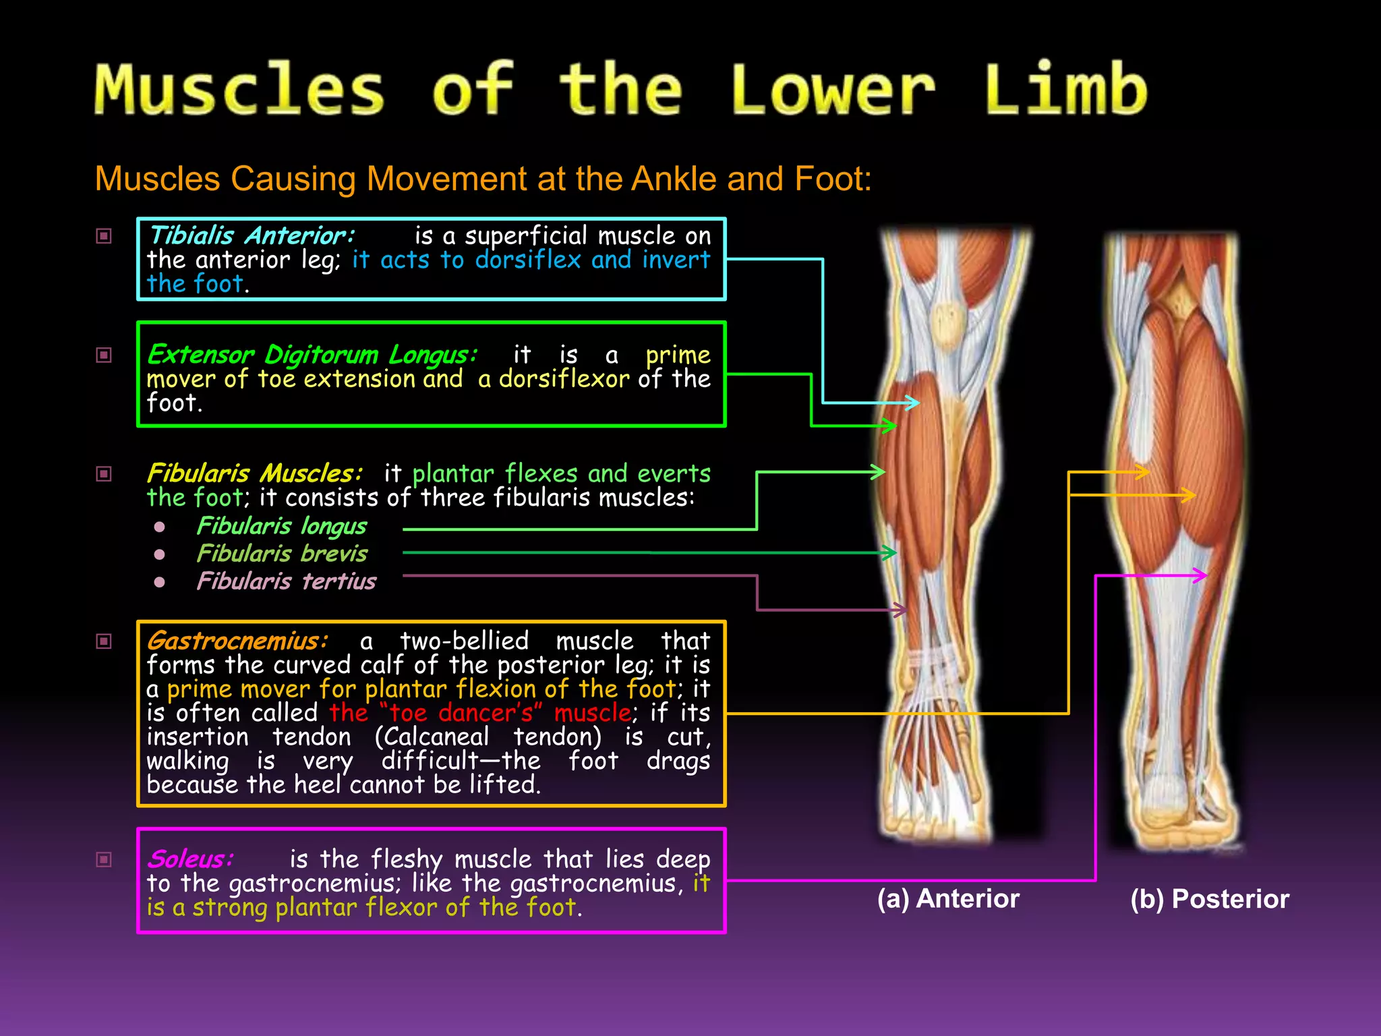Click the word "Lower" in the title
click(x=833, y=90)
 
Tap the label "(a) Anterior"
click(x=948, y=898)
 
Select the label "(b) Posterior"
click(x=1210, y=898)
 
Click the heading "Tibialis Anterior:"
click(x=252, y=235)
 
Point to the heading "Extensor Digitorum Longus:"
click(x=312, y=354)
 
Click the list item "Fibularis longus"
click(x=282, y=525)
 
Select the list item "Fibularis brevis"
click(x=282, y=554)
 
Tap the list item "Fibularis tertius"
click(x=286, y=581)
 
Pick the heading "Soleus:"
click(x=190, y=859)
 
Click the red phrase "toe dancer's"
click(x=462, y=713)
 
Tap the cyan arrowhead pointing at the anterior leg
click(x=913, y=403)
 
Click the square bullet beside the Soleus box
click(x=104, y=859)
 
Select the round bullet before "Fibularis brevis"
click(x=160, y=554)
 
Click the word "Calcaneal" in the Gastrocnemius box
click(x=432, y=737)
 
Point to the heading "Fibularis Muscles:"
click(x=254, y=473)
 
